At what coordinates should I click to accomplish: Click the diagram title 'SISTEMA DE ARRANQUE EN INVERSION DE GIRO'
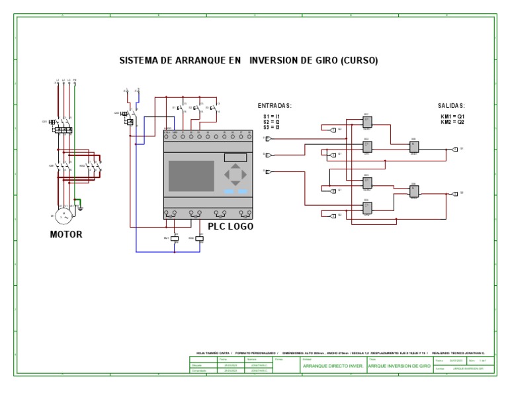pyautogui.click(x=248, y=60)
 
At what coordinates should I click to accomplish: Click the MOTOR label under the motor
pyautogui.click(x=66, y=234)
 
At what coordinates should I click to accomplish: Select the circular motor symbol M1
pyautogui.click(x=64, y=216)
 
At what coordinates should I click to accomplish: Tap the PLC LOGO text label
pyautogui.click(x=231, y=226)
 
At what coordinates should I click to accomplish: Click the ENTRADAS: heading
pyautogui.click(x=275, y=106)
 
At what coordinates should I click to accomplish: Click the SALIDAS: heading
pyautogui.click(x=452, y=106)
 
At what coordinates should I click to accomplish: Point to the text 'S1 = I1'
pyautogui.click(x=271, y=116)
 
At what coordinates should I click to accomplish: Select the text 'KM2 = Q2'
pyautogui.click(x=452, y=122)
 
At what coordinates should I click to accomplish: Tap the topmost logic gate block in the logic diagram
pyautogui.click(x=368, y=121)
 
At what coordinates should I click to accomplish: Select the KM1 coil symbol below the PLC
pyautogui.click(x=174, y=238)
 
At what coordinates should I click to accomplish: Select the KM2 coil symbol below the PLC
pyautogui.click(x=199, y=238)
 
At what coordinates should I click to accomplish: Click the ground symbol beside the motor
pyautogui.click(x=81, y=208)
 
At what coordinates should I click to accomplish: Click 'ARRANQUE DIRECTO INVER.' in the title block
pyautogui.click(x=332, y=365)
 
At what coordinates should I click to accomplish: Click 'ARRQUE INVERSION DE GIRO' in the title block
pyautogui.click(x=400, y=365)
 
